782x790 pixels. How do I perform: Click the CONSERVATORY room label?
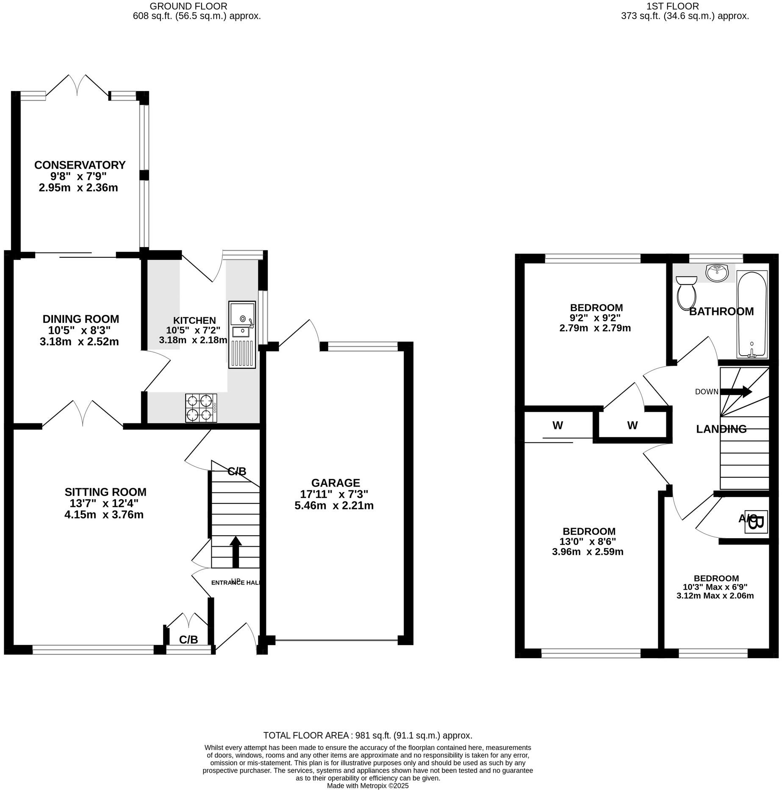click(80, 165)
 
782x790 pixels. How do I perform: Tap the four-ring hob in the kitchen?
click(201, 408)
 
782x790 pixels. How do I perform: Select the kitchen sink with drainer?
click(242, 334)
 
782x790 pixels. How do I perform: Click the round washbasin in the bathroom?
click(717, 273)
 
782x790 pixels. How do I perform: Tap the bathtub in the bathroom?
click(752, 314)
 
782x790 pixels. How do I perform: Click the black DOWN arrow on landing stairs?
click(736, 392)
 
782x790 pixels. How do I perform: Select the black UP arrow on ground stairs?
click(236, 551)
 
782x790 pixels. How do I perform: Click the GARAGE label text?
click(336, 483)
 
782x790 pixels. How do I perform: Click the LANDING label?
click(721, 429)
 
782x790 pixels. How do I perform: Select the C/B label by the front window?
click(188, 640)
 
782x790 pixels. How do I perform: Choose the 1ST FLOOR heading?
click(685, 6)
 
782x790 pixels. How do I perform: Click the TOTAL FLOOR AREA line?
click(367, 735)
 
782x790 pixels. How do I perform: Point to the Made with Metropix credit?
click(367, 785)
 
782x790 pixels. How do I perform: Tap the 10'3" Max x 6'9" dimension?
click(715, 587)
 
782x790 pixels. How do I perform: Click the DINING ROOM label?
click(81, 319)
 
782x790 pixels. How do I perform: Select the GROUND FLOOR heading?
click(189, 6)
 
